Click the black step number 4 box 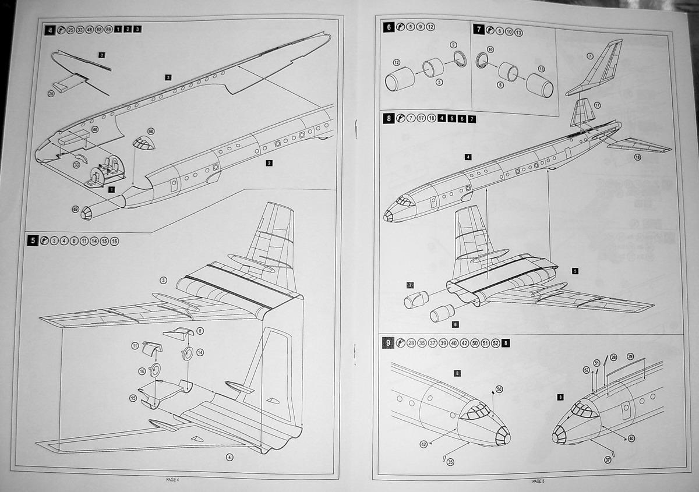pyautogui.click(x=51, y=29)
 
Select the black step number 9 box pyautogui.click(x=389, y=343)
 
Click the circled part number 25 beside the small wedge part pyautogui.click(x=51, y=93)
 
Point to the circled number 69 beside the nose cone pyautogui.click(x=75, y=209)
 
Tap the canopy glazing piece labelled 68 pyautogui.click(x=144, y=143)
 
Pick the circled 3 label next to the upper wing pyautogui.click(x=164, y=281)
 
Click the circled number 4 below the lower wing pyautogui.click(x=230, y=456)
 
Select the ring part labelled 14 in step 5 pyautogui.click(x=188, y=354)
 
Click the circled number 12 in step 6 pyautogui.click(x=397, y=62)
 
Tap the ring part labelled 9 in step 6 pyautogui.click(x=459, y=57)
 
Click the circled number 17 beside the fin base pyautogui.click(x=596, y=105)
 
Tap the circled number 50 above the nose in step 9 pyautogui.click(x=499, y=388)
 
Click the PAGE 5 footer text pyautogui.click(x=538, y=482)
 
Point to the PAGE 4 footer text pyautogui.click(x=173, y=479)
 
